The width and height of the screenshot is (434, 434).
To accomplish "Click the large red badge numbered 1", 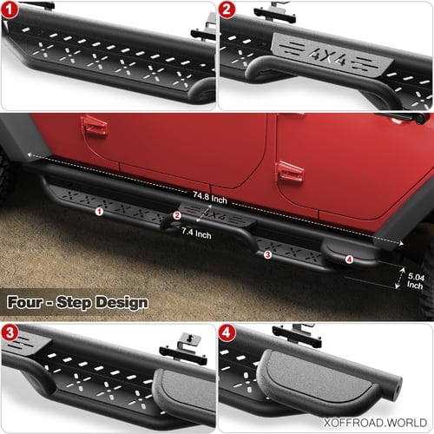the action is pos(10,10).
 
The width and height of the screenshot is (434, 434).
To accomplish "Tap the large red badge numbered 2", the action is pos(227,10).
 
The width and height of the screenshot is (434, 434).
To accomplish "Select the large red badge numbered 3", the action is pos(10,332).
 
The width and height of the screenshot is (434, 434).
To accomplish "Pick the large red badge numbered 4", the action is pos(227,332).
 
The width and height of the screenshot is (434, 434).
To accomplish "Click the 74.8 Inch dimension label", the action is pos(210,198).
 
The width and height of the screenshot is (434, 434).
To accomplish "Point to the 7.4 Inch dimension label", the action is pos(196,233).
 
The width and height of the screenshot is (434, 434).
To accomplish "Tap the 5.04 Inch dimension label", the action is pos(416,281).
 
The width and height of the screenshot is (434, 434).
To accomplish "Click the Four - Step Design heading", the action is pos(77,303).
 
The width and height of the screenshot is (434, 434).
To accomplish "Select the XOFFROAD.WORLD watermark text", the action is pos(375,423).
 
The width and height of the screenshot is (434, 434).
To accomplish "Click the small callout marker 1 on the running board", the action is pos(99,212).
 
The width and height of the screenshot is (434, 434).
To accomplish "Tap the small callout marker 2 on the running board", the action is pos(177,215).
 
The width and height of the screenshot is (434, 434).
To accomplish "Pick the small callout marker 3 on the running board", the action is pos(267,254).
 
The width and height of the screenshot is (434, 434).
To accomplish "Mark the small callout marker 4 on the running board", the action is pos(349,260).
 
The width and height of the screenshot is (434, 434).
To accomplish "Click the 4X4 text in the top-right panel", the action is pos(326,56).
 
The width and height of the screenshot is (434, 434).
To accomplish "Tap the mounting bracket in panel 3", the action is pos(184,349).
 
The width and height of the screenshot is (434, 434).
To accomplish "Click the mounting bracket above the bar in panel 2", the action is pos(275,14).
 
